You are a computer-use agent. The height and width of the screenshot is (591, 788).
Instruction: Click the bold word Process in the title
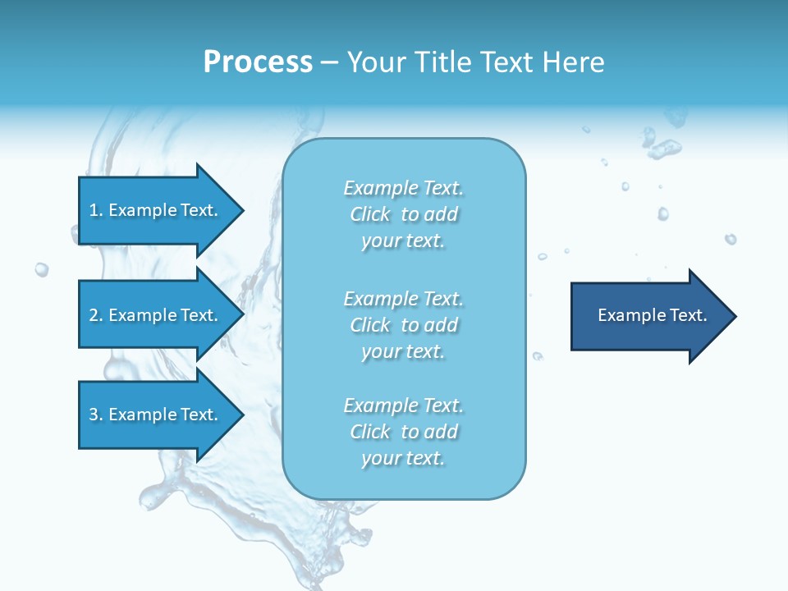(x=258, y=62)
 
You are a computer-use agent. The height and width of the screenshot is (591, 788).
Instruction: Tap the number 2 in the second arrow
(x=94, y=315)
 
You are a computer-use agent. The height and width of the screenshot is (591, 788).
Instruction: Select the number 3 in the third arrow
(x=94, y=415)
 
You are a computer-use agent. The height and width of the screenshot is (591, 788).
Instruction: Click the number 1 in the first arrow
(x=94, y=210)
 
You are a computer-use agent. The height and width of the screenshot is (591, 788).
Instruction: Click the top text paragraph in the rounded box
(x=403, y=214)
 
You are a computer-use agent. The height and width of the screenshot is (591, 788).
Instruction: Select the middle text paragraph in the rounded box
(x=403, y=325)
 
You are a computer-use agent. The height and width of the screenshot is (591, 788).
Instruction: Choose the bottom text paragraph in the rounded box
(x=403, y=432)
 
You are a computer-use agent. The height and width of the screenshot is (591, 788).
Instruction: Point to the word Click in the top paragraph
(x=370, y=214)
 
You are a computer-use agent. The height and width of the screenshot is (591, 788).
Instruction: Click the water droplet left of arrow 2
(x=41, y=268)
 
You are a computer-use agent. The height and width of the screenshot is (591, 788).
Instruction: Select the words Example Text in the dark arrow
(x=652, y=315)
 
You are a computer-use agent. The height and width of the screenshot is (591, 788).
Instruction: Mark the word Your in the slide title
(x=376, y=62)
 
